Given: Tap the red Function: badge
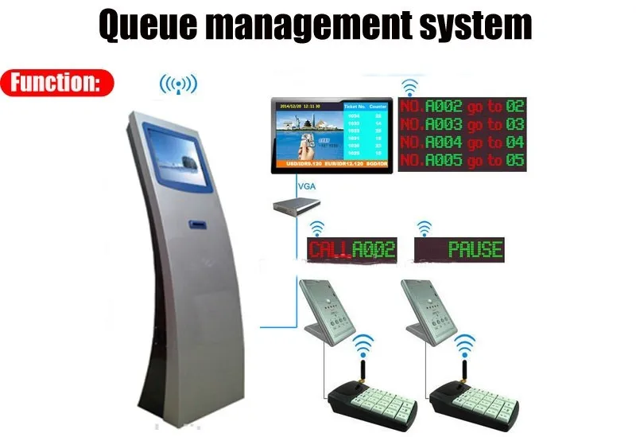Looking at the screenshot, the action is [x=57, y=83].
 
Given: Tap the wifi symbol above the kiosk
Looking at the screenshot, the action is [x=178, y=84].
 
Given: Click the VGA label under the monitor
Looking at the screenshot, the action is [x=304, y=186].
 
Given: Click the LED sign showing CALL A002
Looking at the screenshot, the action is [x=351, y=250].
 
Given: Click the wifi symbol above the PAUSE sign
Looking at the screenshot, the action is [x=425, y=228].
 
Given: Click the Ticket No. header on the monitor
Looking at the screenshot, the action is [x=354, y=106].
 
